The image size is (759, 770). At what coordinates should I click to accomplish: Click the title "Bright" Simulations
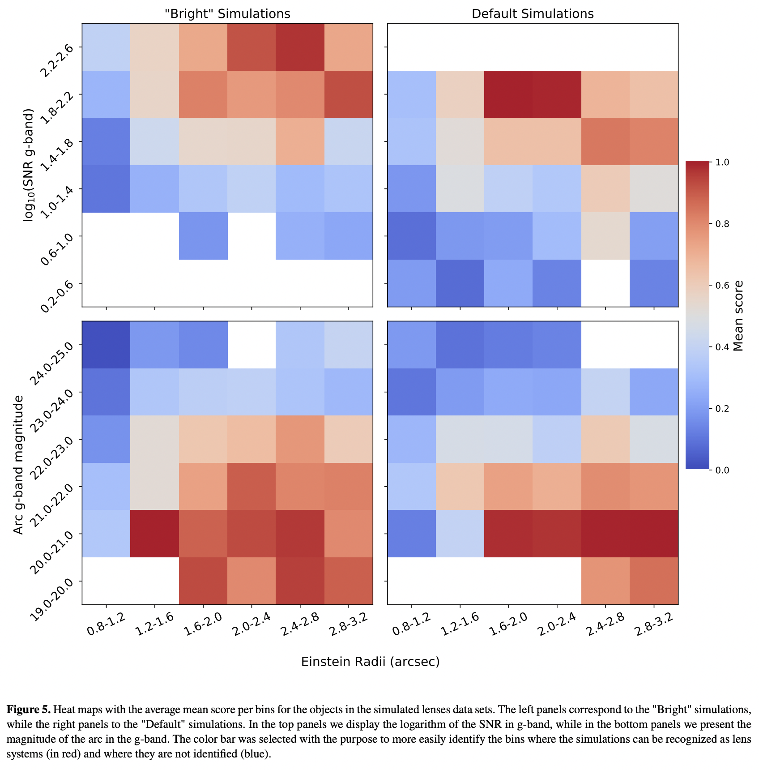227,14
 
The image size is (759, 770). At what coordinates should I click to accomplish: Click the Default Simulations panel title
533,14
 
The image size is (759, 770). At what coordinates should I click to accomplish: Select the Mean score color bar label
738,316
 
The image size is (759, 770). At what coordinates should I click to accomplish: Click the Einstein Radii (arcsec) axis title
370,662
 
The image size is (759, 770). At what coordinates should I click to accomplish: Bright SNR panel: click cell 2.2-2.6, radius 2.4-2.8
300,47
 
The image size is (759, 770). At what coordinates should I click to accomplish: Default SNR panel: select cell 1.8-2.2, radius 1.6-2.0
508,94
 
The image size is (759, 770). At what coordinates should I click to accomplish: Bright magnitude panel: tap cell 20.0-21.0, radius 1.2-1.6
154,534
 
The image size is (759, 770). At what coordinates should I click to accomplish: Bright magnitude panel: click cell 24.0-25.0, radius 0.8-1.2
106,345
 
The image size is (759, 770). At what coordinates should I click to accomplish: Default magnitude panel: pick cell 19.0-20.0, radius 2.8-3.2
654,581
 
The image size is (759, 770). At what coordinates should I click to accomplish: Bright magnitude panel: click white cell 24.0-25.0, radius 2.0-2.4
252,345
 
